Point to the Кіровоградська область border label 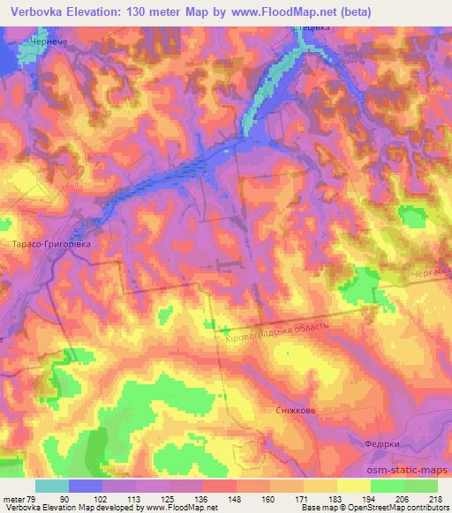click(x=277, y=332)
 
